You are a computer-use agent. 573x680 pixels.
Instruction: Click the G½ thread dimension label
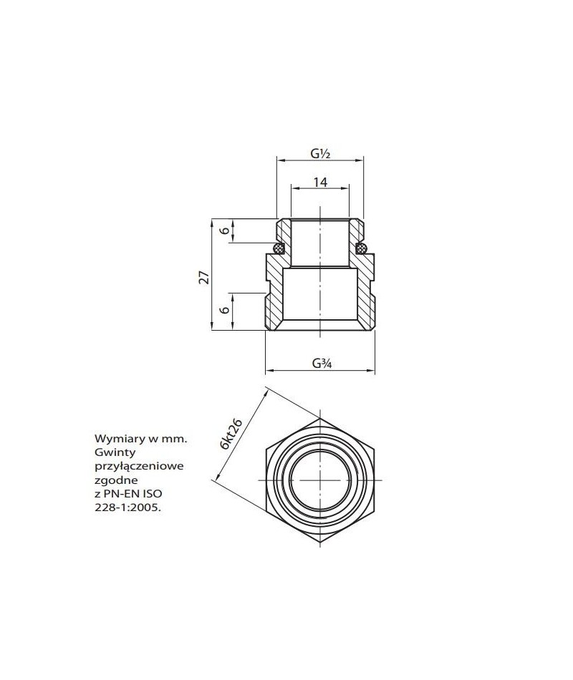pos(319,153)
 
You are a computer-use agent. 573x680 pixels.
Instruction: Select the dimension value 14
pos(320,183)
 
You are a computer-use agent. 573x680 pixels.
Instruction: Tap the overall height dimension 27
pos(203,276)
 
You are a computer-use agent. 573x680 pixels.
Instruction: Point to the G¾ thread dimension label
pos(320,362)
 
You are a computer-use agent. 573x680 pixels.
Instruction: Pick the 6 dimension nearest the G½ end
pos(224,230)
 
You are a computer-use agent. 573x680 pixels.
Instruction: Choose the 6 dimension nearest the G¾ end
pos(224,310)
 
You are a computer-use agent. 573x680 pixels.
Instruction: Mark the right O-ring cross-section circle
pos(362,248)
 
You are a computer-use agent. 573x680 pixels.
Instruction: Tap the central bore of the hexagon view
pos(320,479)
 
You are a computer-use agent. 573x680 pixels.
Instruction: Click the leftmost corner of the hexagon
pos(265,479)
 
